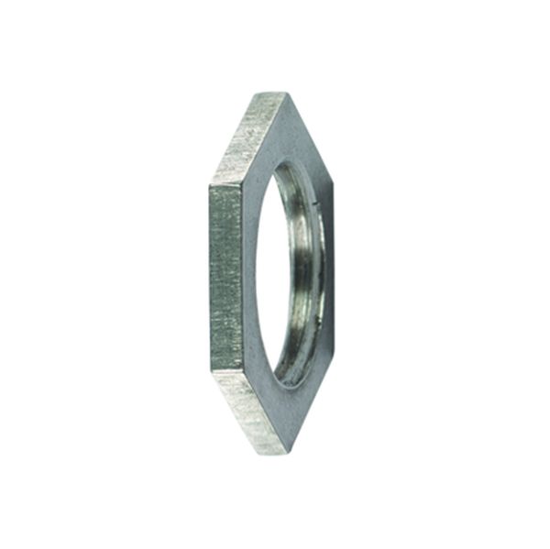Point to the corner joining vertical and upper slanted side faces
coord(213,183)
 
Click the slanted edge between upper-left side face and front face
coord(263,137)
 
